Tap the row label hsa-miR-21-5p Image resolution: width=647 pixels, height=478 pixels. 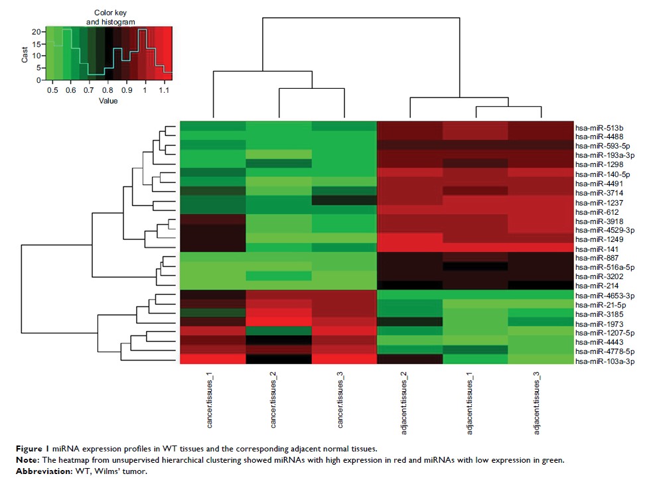coord(595,304)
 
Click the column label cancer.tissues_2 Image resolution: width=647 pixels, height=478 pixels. coord(277,404)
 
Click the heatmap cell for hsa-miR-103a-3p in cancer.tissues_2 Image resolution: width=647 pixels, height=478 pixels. coord(278,360)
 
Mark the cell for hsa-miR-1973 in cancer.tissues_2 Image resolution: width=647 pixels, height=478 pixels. coord(278,323)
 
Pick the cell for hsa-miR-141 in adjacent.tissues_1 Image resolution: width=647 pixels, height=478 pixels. coord(475,248)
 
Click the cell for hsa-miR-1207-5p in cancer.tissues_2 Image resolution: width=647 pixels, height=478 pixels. coord(278,332)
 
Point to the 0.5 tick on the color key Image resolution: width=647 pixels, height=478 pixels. coord(52,90)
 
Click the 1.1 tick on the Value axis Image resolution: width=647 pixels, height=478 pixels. coord(163,90)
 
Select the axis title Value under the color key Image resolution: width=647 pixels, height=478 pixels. coord(108,101)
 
